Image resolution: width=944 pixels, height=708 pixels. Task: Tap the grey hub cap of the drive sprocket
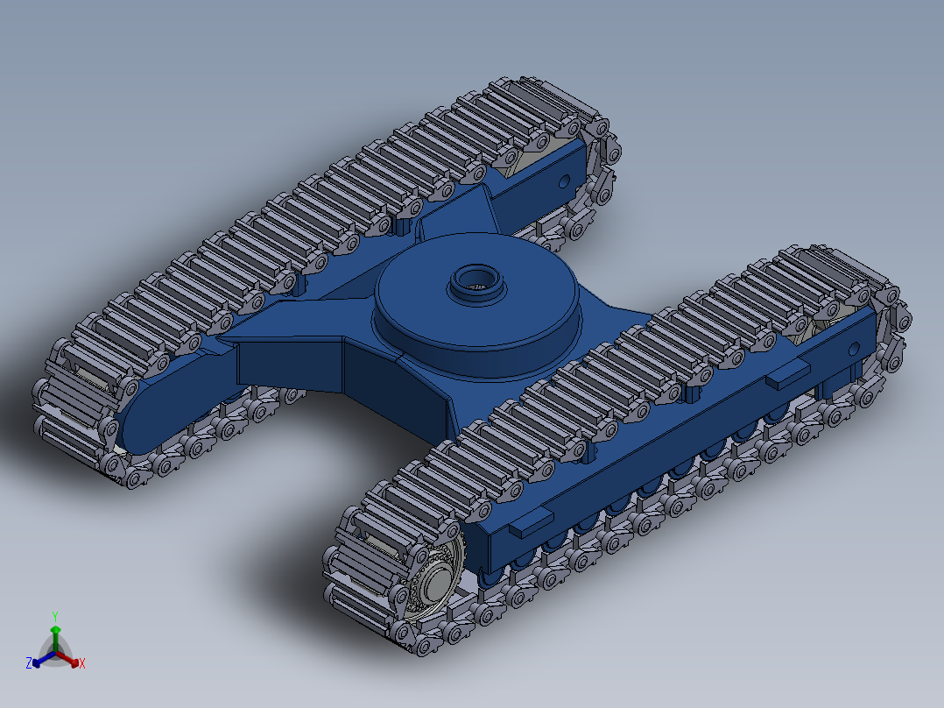click(436, 584)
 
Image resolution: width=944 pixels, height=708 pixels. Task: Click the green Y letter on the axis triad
click(55, 616)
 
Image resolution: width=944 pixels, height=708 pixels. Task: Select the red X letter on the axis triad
click(82, 663)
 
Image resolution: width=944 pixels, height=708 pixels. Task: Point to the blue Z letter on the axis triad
click(28, 663)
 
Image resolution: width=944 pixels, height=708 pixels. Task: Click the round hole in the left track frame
click(564, 181)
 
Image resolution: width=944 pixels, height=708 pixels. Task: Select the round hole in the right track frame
click(855, 350)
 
